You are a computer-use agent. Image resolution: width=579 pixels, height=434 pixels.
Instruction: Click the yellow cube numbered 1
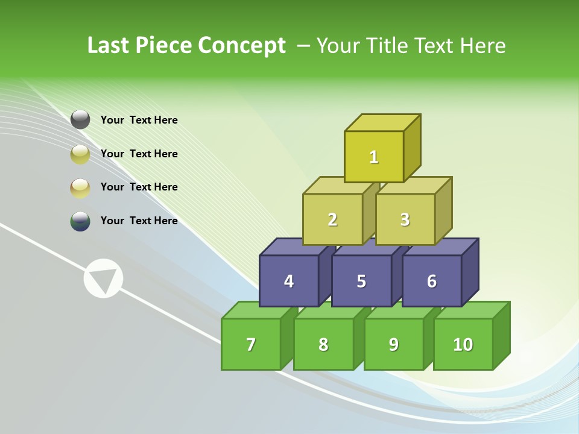coord(374,157)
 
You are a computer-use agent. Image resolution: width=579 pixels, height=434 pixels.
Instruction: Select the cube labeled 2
coord(332,219)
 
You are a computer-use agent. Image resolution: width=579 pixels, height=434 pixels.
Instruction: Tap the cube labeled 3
coord(405,219)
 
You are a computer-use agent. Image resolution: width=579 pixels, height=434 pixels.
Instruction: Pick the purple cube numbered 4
coord(289,281)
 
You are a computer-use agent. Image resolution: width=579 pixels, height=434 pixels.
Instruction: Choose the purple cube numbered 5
coord(361,281)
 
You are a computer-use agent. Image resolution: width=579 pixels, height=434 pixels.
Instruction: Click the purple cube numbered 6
coord(432,281)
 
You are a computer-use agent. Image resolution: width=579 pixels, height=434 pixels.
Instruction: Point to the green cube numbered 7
coord(251,344)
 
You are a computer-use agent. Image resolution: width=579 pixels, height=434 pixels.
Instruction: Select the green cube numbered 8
coord(323,344)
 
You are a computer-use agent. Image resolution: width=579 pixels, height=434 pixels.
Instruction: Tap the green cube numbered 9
coord(394,344)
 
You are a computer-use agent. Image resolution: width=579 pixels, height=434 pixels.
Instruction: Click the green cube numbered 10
coord(463,344)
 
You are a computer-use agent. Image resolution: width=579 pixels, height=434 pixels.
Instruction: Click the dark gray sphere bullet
coord(80,120)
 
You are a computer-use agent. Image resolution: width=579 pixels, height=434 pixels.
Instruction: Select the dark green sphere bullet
coord(80,221)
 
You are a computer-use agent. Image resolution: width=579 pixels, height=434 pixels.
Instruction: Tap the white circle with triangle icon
coord(103,278)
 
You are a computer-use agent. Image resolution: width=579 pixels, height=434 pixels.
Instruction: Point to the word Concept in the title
coord(242,46)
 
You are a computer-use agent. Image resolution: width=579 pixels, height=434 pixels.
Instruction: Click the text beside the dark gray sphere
coord(139,120)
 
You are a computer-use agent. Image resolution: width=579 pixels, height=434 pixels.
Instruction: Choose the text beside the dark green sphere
coord(139,221)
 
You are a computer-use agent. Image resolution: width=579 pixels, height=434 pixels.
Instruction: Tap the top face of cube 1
coord(382,122)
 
